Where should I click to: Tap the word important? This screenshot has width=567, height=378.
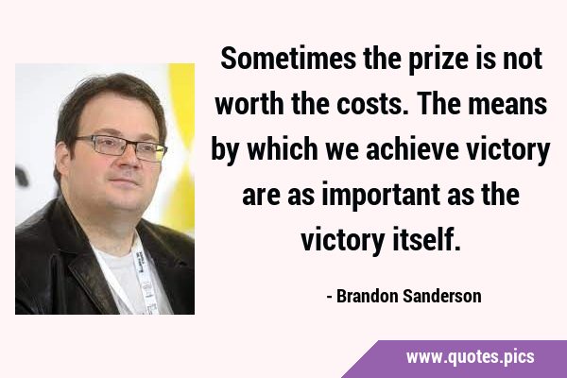pyautogui.click(x=381, y=196)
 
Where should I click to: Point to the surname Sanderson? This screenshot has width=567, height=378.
pyautogui.click(x=442, y=296)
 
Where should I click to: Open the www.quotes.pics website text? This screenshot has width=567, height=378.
pyautogui.click(x=470, y=357)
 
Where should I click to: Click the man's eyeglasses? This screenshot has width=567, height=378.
pyautogui.click(x=122, y=147)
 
